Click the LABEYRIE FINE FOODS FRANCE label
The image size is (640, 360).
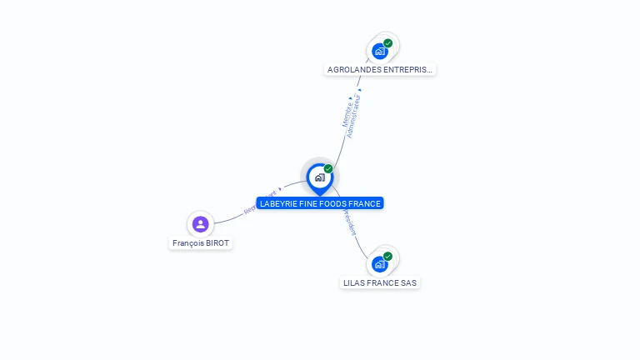pyautogui.click(x=320, y=203)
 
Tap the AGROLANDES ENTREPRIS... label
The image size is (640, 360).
pyautogui.click(x=380, y=70)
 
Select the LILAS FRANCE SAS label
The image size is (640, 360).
pyautogui.click(x=380, y=282)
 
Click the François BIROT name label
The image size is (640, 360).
pyautogui.click(x=200, y=243)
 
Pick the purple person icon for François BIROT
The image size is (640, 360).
pyautogui.click(x=200, y=223)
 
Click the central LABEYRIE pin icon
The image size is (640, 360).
pyautogui.click(x=318, y=177)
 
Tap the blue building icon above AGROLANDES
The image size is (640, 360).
pyautogui.click(x=380, y=52)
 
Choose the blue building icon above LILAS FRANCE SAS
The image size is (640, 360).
pyautogui.click(x=379, y=264)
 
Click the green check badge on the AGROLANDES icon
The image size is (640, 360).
pyautogui.click(x=388, y=43)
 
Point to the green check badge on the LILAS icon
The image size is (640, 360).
pyautogui.click(x=387, y=256)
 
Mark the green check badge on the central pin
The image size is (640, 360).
pyautogui.click(x=328, y=169)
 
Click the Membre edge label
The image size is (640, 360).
pyautogui.click(x=347, y=112)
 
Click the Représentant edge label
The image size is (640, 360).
pyautogui.click(x=259, y=202)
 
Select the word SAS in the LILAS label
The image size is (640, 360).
pyautogui.click(x=408, y=282)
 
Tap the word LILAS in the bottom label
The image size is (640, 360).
pyautogui.click(x=354, y=282)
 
